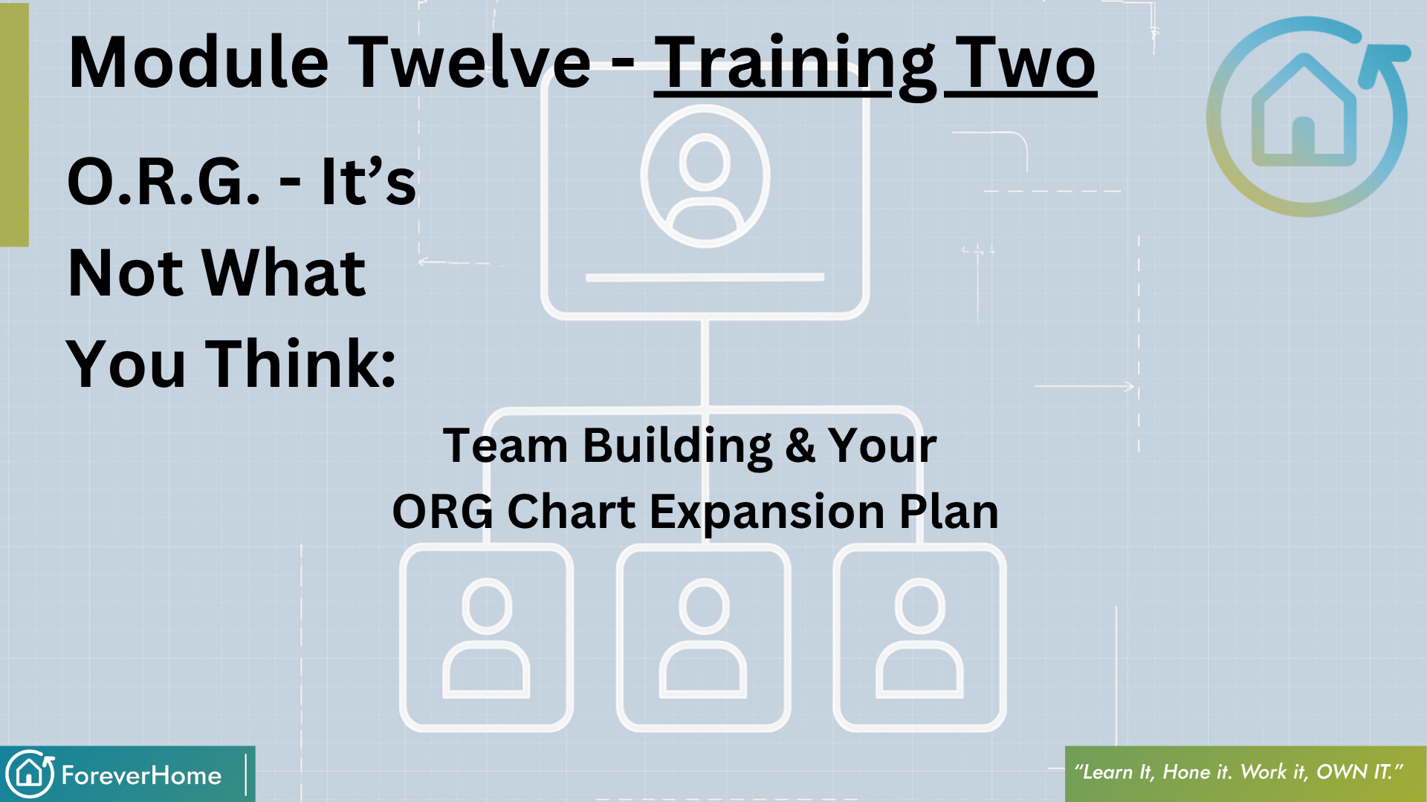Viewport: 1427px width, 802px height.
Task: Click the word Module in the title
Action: click(198, 62)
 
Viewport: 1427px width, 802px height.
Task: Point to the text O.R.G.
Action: click(164, 182)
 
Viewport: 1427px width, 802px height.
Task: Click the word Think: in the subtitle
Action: click(300, 364)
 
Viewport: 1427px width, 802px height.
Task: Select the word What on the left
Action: click(284, 273)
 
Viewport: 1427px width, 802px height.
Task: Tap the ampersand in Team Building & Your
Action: click(800, 446)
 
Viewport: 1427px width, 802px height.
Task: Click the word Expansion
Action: click(767, 512)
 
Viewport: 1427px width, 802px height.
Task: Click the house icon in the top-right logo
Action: click(1304, 109)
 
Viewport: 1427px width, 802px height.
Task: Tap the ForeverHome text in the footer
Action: click(141, 775)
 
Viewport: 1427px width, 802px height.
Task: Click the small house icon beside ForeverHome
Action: click(30, 774)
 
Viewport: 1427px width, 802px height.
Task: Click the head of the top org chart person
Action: click(704, 160)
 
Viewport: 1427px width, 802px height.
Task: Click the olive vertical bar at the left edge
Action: click(14, 125)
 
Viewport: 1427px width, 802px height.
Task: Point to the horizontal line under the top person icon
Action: click(705, 278)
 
